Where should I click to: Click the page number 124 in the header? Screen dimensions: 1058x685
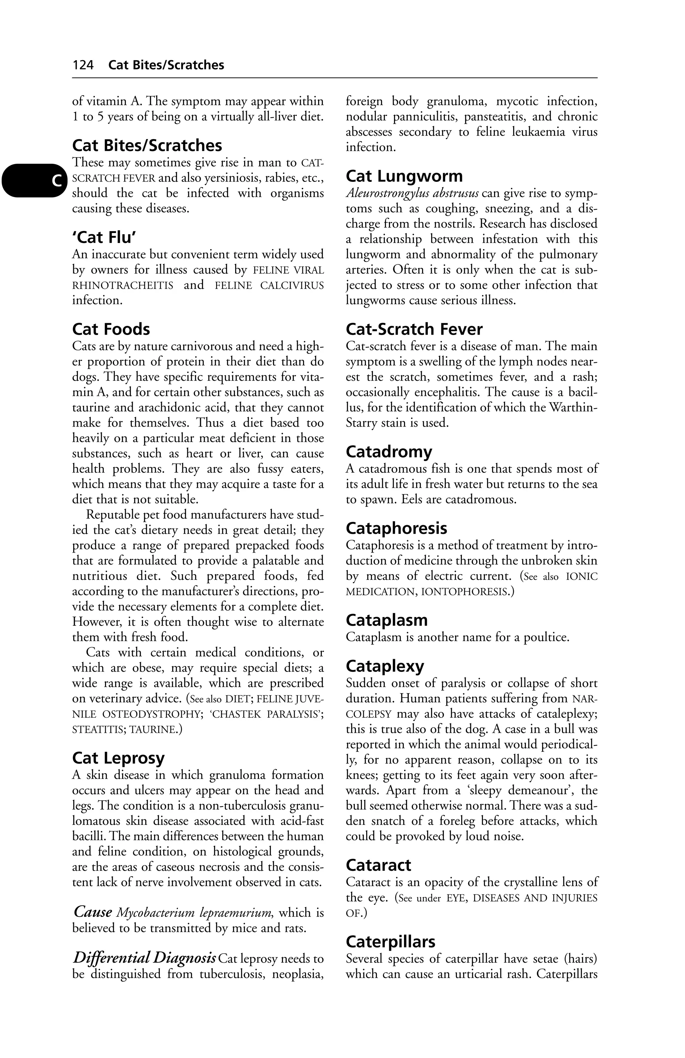point(83,65)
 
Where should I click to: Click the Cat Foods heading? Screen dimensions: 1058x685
point(111,329)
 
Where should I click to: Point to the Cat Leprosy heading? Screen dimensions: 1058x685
point(118,758)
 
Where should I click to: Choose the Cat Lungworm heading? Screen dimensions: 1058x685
point(404,176)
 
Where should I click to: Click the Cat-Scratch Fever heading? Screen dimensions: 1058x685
point(414,329)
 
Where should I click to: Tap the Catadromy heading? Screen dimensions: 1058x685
point(389,452)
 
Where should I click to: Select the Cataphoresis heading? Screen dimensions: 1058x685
point(397,528)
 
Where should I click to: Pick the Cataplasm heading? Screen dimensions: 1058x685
point(387,620)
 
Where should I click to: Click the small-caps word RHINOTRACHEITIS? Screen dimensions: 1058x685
point(123,285)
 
